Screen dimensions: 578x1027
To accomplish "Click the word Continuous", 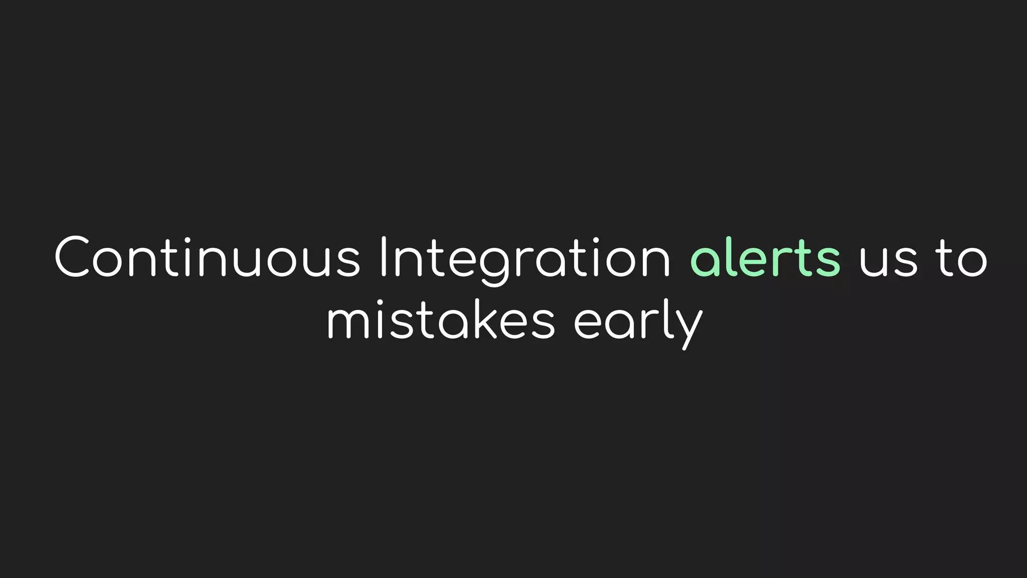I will point(207,257).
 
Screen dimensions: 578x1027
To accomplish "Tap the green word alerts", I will point(765,257).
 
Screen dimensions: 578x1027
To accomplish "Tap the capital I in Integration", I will point(384,257).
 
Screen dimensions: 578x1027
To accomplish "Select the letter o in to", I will point(973,261).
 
